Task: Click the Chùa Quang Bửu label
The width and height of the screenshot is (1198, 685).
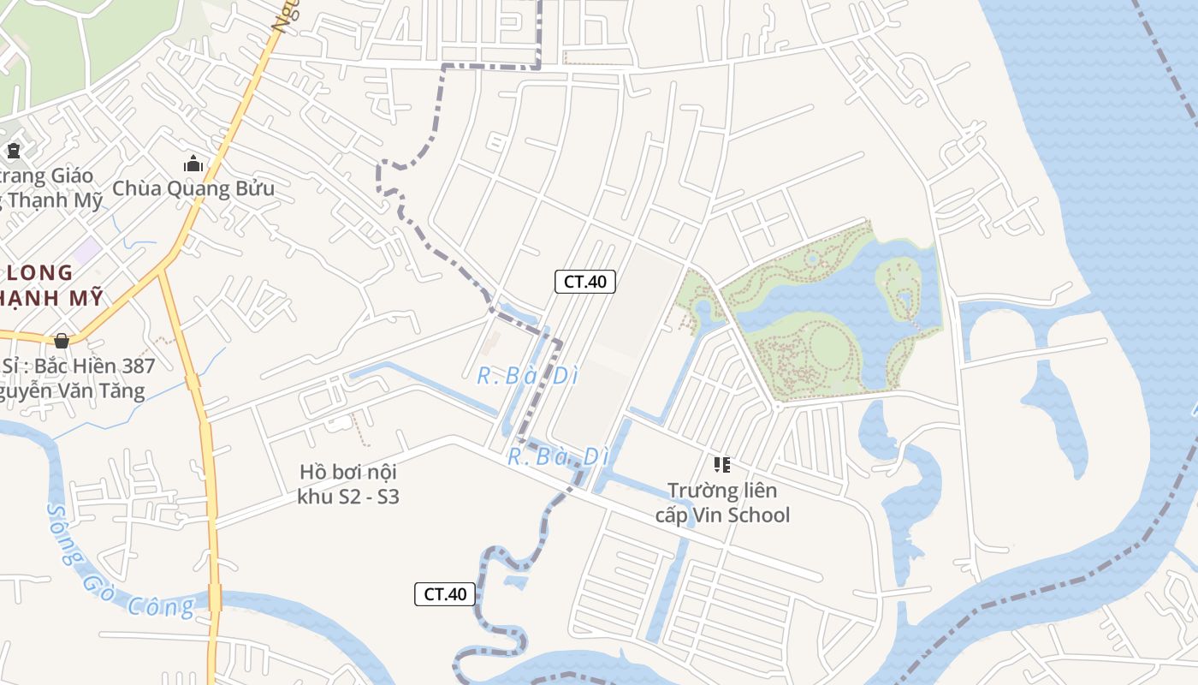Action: (193, 188)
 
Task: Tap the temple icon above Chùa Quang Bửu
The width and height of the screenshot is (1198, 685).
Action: (194, 164)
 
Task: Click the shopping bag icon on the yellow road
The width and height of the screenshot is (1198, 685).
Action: (61, 341)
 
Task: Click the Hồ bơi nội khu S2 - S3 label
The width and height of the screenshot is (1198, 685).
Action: (348, 484)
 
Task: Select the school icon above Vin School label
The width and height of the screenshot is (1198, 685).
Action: (721, 465)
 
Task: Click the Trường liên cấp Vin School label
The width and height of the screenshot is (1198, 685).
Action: (722, 503)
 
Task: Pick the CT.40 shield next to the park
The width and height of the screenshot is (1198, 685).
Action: (585, 281)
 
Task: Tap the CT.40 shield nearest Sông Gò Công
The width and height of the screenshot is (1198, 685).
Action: (445, 593)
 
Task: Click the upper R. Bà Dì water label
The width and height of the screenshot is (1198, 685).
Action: (523, 375)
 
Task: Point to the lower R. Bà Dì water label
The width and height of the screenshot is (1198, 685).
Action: (558, 456)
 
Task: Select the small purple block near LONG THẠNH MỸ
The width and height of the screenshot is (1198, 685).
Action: (86, 251)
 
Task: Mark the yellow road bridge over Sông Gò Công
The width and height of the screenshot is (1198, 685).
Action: (214, 596)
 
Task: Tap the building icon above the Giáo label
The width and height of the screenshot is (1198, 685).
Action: (14, 152)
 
